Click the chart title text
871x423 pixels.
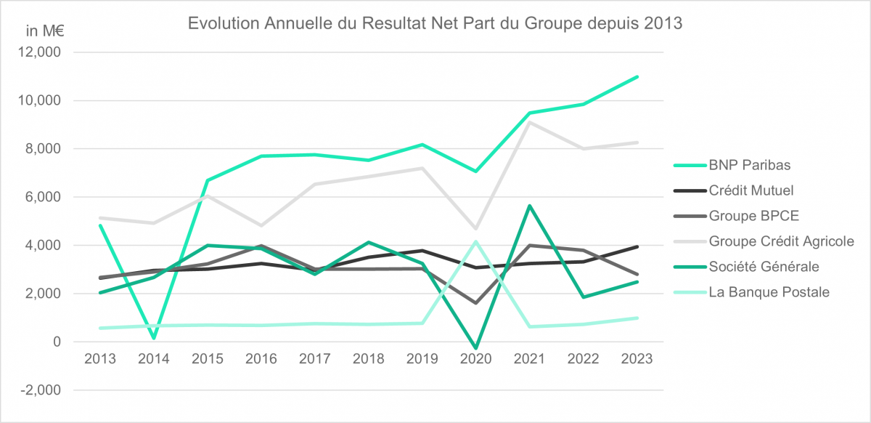435,23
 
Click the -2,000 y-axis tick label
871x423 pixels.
43,390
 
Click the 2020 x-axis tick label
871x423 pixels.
475,359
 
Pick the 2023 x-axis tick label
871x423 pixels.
637,359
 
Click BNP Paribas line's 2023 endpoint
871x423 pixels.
637,76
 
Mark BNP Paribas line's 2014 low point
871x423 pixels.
154,338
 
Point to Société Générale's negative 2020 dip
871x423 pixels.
475,348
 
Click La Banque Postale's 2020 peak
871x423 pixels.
475,241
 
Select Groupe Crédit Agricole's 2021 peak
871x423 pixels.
530,122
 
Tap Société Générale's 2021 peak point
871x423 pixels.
530,206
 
